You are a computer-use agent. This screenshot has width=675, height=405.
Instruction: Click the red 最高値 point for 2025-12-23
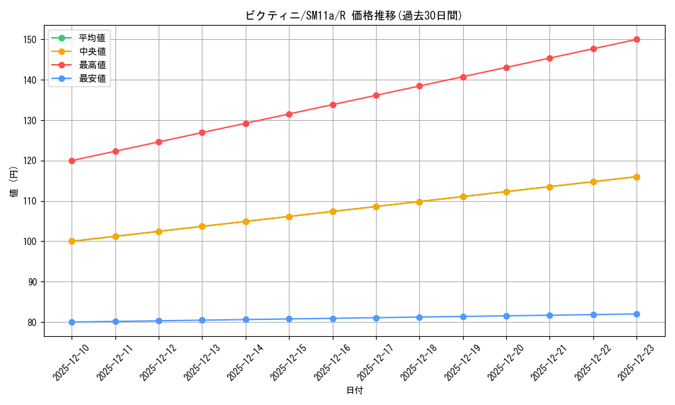pyautogui.click(x=637, y=39)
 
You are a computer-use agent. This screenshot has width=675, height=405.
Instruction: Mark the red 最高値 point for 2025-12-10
pyautogui.click(x=72, y=161)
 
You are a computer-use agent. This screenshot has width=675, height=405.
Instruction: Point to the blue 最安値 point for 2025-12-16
pyautogui.click(x=333, y=319)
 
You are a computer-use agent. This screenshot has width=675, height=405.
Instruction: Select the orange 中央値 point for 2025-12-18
pyautogui.click(x=419, y=202)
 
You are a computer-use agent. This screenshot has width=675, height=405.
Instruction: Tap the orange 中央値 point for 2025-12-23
pyautogui.click(x=637, y=177)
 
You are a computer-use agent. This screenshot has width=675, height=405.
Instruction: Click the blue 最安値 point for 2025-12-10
pyautogui.click(x=72, y=322)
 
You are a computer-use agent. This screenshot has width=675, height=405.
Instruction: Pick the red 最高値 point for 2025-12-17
pyautogui.click(x=376, y=95)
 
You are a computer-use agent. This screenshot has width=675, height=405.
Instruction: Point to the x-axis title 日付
pyautogui.click(x=354, y=391)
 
